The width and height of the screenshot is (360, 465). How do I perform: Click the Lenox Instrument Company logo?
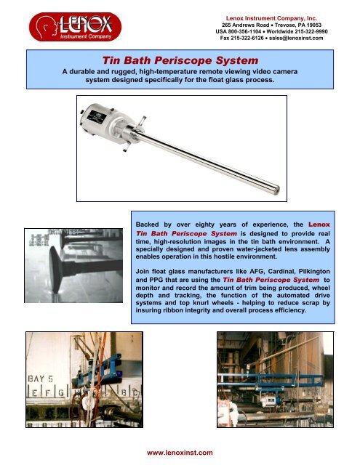(75, 27)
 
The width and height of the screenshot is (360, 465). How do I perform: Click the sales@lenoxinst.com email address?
(296, 38)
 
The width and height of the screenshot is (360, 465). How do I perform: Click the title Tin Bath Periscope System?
(180, 60)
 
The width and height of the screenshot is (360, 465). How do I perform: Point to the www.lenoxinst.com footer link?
(180, 453)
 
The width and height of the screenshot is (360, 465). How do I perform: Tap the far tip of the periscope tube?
(277, 189)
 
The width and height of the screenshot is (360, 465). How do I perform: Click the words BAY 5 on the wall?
(40, 379)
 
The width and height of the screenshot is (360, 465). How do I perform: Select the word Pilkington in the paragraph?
(314, 271)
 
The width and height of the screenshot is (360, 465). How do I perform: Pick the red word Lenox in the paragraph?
(319, 225)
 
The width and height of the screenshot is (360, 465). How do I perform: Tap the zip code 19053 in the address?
(314, 25)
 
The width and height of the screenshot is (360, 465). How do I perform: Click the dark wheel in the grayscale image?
(56, 269)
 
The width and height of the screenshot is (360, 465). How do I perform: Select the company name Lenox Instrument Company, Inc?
(271, 18)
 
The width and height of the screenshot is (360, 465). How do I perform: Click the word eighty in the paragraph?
(204, 225)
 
